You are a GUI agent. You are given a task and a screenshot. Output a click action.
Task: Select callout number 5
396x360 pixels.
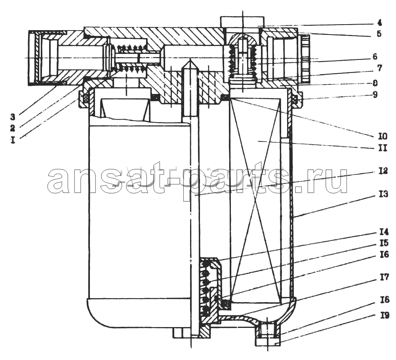coord(379,34)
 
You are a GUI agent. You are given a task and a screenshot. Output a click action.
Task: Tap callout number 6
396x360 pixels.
coord(375,56)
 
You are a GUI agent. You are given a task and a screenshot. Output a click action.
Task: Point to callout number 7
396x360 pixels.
coord(380,68)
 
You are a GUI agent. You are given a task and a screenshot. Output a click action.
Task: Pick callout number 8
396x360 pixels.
coord(375,83)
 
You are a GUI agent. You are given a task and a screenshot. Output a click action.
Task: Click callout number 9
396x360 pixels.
coord(375,95)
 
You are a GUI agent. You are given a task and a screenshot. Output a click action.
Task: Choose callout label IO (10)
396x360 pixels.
coord(383,136)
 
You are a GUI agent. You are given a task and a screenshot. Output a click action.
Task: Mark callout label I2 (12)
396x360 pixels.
coord(383,171)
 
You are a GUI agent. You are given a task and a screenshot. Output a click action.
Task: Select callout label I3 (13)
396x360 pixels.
coord(383,194)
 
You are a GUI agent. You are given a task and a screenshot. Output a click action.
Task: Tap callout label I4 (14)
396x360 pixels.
coord(384,232)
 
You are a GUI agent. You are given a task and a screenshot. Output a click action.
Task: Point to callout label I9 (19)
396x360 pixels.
coord(385,316)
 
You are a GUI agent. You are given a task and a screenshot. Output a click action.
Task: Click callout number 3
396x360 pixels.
coord(12,117)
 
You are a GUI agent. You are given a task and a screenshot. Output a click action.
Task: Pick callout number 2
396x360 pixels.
coord(12,128)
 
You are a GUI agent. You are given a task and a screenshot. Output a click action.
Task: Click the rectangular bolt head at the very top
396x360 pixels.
coord(242,22)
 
